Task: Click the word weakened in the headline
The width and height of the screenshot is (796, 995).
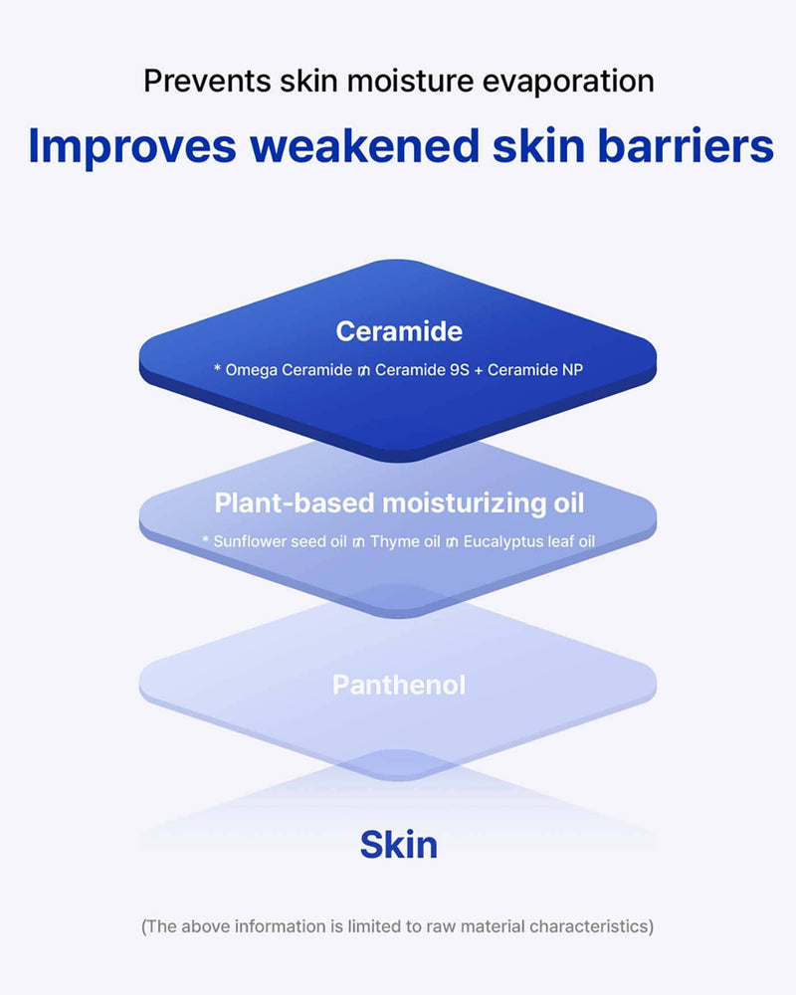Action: click(365, 146)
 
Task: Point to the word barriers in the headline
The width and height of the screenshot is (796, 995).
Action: click(686, 146)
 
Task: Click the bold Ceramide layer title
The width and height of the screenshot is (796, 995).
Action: click(399, 331)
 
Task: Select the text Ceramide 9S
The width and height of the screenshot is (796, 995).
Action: click(422, 370)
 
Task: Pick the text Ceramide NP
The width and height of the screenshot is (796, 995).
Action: click(535, 370)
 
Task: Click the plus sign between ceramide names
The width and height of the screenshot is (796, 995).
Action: click(478, 370)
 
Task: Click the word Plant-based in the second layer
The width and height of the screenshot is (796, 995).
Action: click(295, 502)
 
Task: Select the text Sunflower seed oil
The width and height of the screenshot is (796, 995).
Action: click(280, 541)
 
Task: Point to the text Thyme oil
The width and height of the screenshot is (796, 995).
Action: click(405, 542)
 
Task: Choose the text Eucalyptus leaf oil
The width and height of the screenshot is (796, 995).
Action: click(528, 542)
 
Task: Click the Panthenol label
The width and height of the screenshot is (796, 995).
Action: click(399, 686)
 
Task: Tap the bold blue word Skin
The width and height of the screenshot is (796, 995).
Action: click(399, 845)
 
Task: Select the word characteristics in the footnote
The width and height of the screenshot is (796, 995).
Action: click(590, 926)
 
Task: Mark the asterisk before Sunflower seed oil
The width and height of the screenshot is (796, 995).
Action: click(206, 539)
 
